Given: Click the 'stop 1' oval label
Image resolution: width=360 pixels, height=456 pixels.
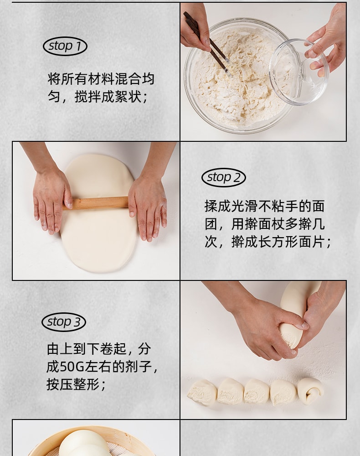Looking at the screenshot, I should tap(65, 46).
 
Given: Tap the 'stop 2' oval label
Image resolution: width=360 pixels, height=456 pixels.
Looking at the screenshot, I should tap(223, 177).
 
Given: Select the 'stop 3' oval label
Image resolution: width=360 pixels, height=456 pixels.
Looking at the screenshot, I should tap(64, 322).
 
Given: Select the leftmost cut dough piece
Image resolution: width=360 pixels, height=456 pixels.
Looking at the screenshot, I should tap(202, 392).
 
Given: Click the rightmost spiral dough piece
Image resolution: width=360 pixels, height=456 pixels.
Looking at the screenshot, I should tap(311, 390).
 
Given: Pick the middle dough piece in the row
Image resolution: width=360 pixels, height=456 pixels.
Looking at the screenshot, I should tap(257, 391).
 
